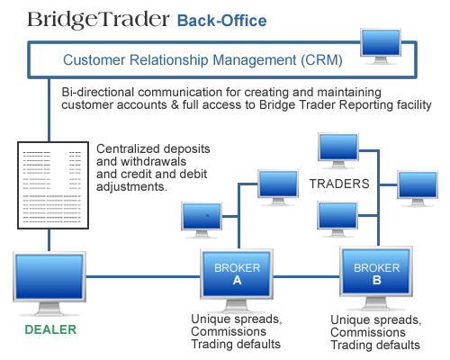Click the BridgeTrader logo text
tap(98, 20)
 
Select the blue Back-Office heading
tap(221, 21)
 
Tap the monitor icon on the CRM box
tap(381, 47)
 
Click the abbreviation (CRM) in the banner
tap(321, 59)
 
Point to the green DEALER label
tap(50, 329)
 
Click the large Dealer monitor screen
tap(49, 276)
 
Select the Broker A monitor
tap(237, 280)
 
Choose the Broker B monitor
tap(376, 278)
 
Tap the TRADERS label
tap(339, 184)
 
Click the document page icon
tap(53, 185)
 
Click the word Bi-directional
tap(97, 92)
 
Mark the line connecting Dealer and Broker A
tap(143, 276)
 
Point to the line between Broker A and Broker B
tap(306, 276)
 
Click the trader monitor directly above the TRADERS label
tap(338, 150)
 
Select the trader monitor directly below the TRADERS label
tap(337, 219)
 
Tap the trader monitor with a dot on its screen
tap(202, 220)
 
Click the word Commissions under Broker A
tap(229, 331)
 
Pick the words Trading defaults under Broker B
tap(375, 345)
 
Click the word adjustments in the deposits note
tap(131, 186)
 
